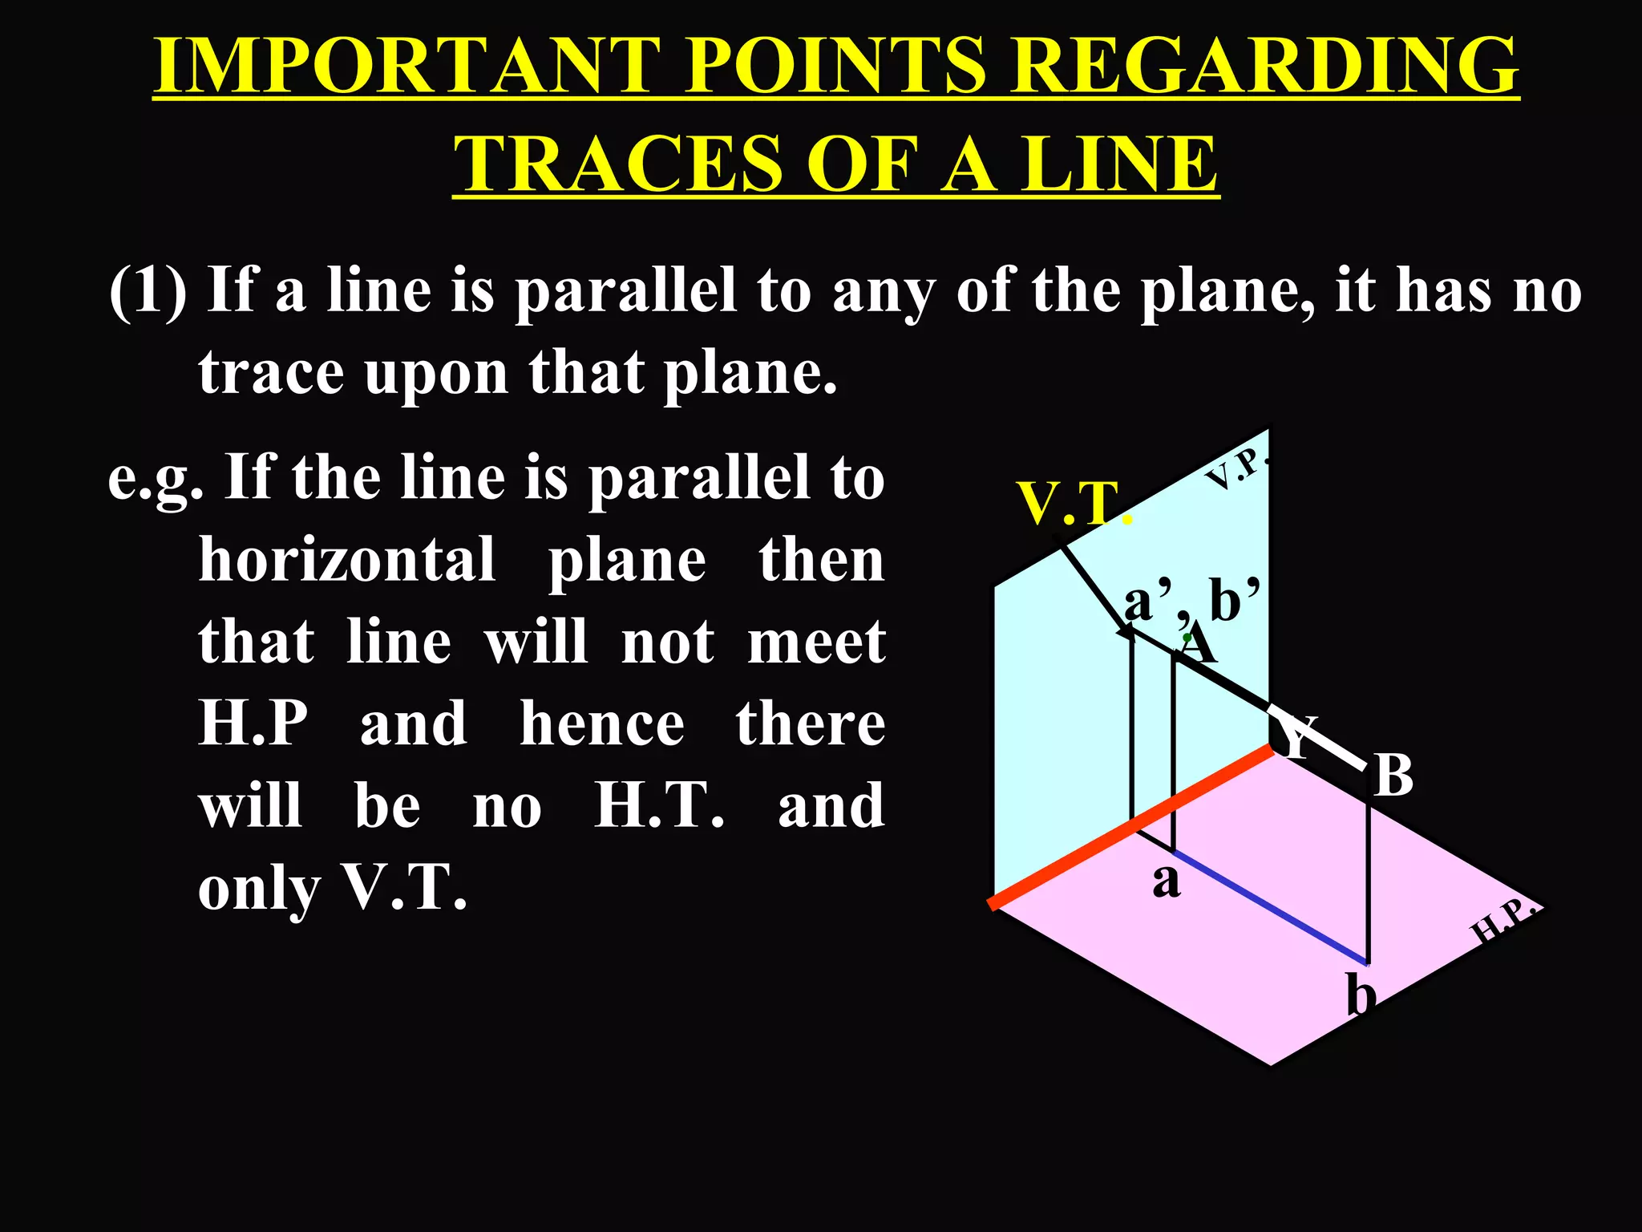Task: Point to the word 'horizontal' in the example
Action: pyautogui.click(x=347, y=560)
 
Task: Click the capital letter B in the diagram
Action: pyautogui.click(x=1393, y=776)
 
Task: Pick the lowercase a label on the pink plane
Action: pyautogui.click(x=1167, y=881)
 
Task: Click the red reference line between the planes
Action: pyautogui.click(x=1130, y=827)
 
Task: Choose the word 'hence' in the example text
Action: pyautogui.click(x=601, y=724)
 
